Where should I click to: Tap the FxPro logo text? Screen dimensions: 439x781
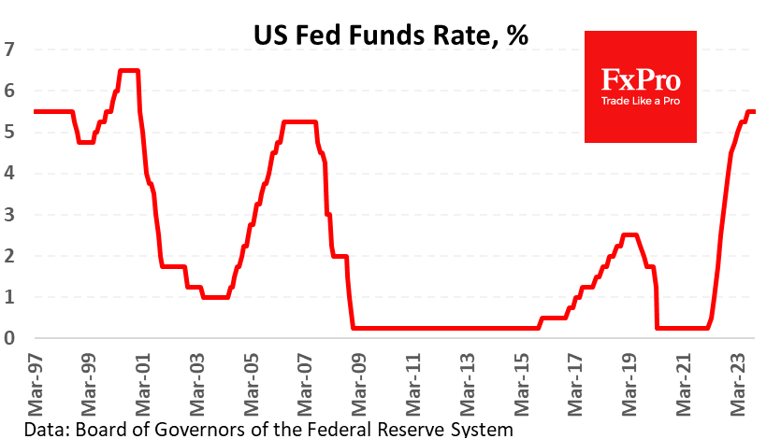641,78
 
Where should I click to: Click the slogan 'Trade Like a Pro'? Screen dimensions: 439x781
641,100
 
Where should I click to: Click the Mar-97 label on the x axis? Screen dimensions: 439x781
35,383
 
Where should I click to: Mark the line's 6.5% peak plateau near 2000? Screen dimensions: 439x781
129,70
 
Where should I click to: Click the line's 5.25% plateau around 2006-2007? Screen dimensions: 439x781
299,121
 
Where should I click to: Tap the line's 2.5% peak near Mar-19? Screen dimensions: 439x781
629,234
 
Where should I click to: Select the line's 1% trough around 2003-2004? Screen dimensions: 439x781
215,297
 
